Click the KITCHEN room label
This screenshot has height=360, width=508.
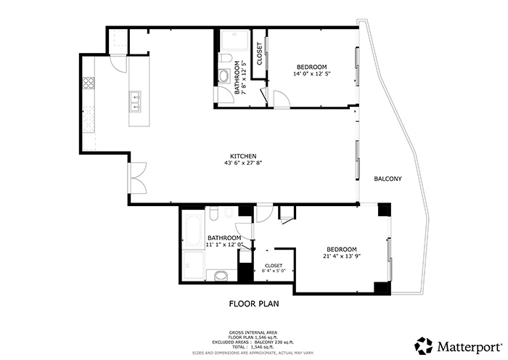tap(242, 156)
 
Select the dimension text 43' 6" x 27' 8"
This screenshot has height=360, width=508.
tap(242, 163)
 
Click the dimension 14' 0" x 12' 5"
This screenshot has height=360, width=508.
tap(311, 73)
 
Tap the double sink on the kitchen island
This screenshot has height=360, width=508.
tap(136, 102)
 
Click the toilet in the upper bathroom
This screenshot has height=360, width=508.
tap(226, 58)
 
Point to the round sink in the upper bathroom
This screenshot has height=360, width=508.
tap(225, 75)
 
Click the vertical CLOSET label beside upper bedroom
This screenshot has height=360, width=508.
tap(259, 54)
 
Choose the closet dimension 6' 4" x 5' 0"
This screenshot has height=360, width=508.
tap(274, 271)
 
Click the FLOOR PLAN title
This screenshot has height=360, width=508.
tap(254, 304)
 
